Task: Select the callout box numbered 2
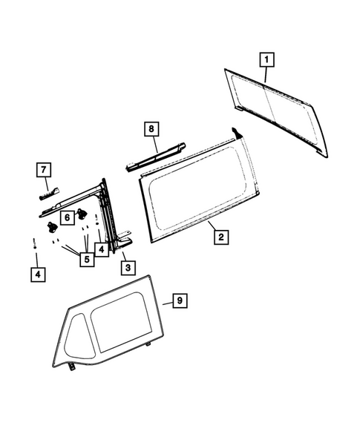pos(220,237)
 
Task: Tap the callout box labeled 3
pos(128,266)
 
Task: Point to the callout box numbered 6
pos(67,217)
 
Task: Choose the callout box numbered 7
pos(44,170)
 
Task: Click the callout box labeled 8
pos(151,129)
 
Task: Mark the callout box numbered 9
pos(178,300)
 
